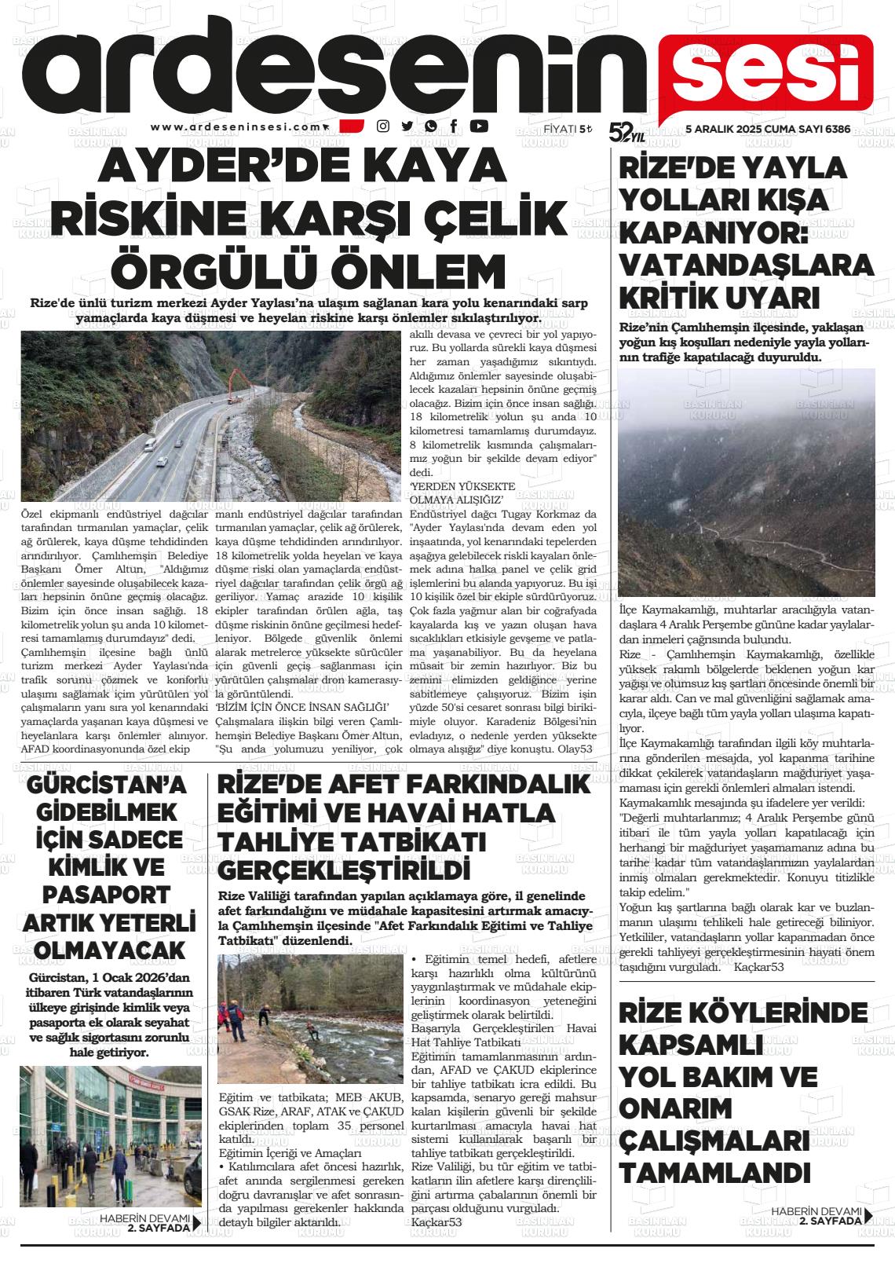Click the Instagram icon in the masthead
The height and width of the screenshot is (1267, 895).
(x=383, y=126)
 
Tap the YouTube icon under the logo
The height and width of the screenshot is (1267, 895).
(x=478, y=126)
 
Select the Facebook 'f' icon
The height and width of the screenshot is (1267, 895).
(x=454, y=126)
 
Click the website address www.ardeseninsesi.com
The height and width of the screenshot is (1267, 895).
(x=236, y=126)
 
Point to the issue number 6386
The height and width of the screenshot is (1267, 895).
(x=838, y=128)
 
